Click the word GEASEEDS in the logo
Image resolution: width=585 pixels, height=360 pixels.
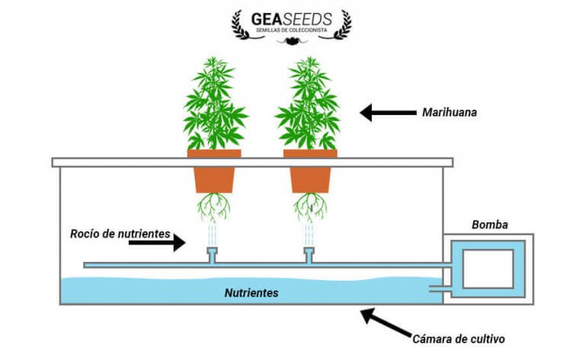point(292,18)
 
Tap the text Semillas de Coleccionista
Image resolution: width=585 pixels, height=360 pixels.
point(292,30)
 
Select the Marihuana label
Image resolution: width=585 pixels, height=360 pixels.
point(449,113)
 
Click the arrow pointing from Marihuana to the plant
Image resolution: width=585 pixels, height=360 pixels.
point(385,113)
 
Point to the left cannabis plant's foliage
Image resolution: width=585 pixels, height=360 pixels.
point(216,107)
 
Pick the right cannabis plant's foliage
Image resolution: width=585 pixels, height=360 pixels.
point(308,107)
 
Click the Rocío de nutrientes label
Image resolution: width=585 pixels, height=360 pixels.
point(116,234)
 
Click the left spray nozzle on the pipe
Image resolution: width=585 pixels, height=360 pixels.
point(212,254)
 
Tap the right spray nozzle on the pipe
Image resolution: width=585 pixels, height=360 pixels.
point(308,254)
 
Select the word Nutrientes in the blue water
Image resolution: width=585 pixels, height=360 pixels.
point(251,292)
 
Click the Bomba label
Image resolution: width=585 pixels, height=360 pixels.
point(488,225)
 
